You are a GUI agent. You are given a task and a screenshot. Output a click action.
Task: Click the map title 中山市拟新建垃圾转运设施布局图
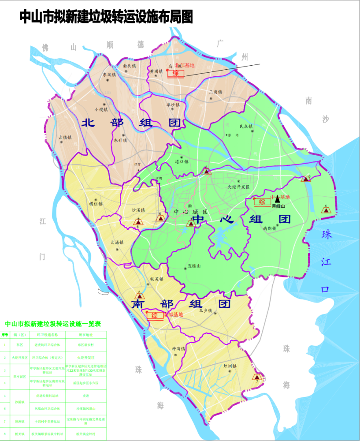(106, 17)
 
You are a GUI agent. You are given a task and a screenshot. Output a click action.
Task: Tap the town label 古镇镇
(67, 137)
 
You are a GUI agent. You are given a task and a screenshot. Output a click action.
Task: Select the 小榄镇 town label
(100, 109)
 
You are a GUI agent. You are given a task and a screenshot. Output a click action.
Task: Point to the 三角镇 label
(216, 92)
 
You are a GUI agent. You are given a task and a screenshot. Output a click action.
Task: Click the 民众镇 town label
(246, 127)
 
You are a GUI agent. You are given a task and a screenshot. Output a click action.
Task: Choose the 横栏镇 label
(96, 204)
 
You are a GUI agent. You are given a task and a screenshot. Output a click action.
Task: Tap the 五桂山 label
(194, 266)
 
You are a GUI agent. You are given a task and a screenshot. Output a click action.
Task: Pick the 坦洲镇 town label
(230, 366)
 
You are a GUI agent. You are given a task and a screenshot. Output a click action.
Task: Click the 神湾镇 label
(179, 348)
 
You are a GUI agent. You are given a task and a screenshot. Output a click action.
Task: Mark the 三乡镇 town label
(206, 310)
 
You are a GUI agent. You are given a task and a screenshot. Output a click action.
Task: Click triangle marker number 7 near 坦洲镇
(257, 377)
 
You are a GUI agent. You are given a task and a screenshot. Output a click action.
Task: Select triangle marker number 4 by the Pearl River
(326, 210)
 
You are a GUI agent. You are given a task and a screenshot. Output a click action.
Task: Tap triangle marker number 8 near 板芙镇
(140, 296)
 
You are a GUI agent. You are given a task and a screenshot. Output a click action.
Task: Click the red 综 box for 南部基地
(155, 315)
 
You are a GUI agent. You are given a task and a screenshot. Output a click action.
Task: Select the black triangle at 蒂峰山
(277, 199)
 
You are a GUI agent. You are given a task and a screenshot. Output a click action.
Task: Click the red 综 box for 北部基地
(175, 73)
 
